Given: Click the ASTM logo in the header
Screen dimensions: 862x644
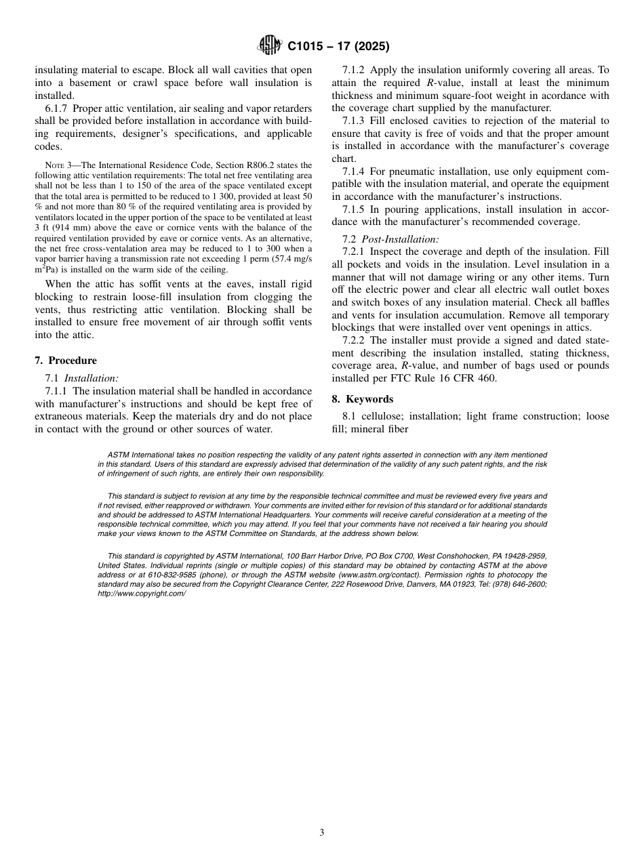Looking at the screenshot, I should pos(270,47).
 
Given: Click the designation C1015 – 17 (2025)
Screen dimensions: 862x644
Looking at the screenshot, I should pos(338,47).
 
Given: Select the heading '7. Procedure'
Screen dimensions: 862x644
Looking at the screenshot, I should pos(65,361).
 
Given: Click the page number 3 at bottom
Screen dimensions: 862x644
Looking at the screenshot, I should pos(322,833).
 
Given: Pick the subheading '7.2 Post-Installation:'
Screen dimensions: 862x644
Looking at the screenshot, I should pos(390,239).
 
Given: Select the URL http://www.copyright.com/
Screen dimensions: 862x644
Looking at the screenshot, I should pos(142,593).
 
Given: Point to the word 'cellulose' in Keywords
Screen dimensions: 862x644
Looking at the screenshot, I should pos(383,416).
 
